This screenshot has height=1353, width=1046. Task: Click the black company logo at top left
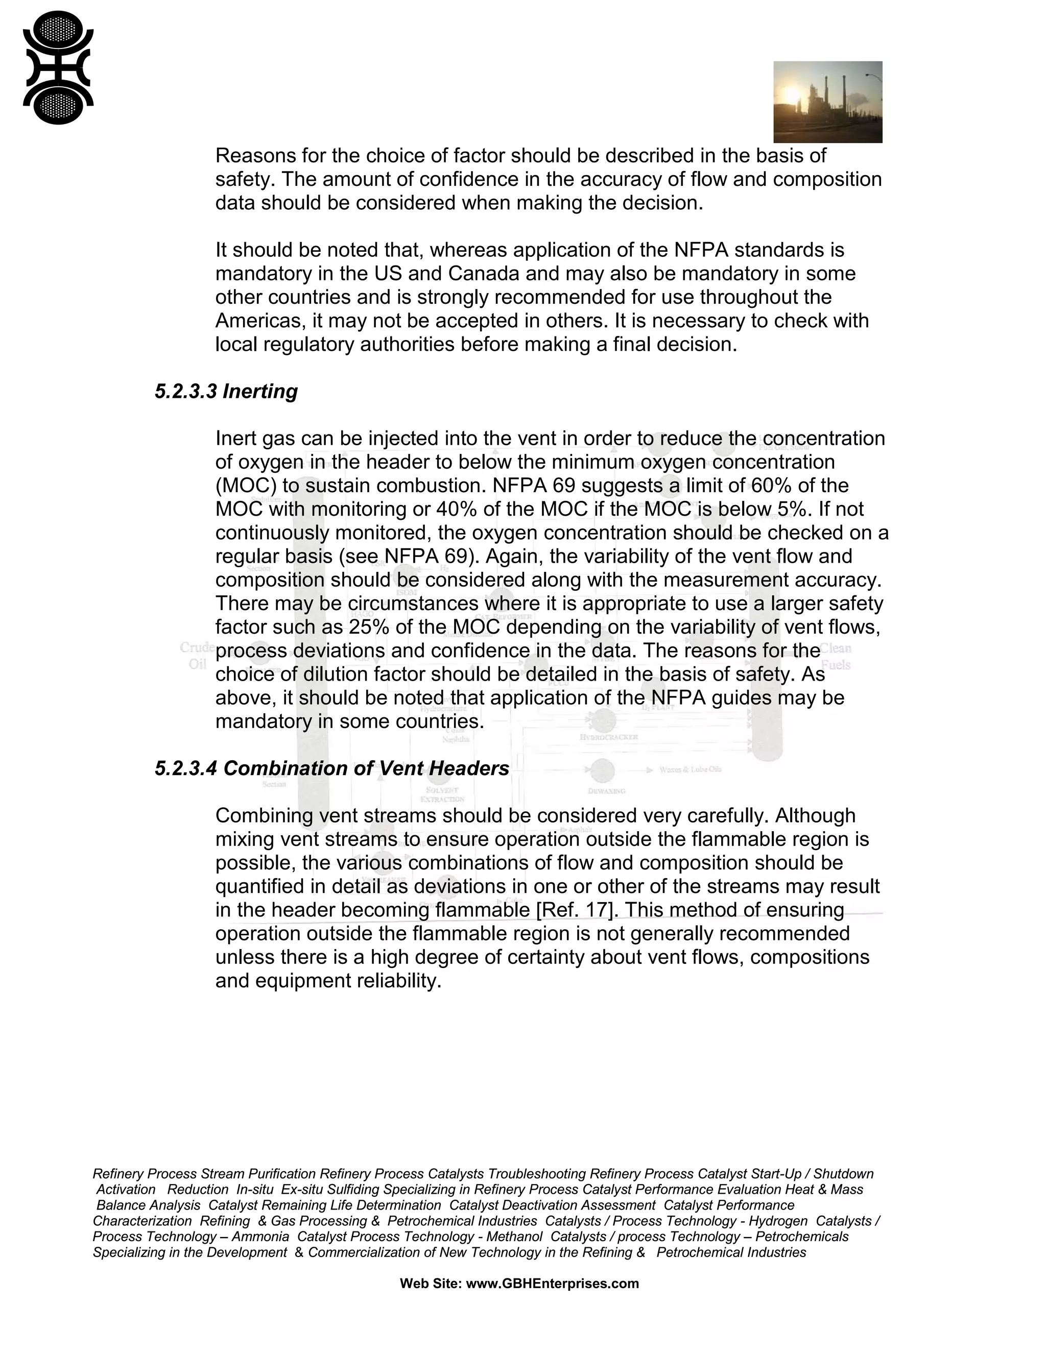58,67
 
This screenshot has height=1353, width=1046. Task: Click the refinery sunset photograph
827,102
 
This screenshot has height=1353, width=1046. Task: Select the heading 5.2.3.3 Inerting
226,391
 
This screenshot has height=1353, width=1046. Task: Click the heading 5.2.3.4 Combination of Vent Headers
331,768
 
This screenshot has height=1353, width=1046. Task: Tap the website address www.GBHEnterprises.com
552,1283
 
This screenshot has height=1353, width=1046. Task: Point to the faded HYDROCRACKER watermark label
608,737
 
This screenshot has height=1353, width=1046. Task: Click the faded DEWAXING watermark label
606,791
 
